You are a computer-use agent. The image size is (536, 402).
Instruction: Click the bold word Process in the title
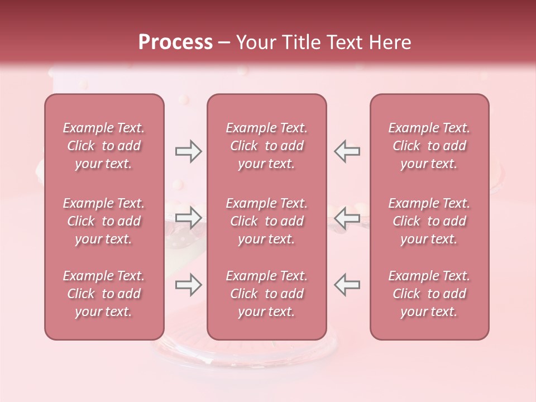click(175, 42)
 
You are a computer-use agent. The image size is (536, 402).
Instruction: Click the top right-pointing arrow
click(188, 151)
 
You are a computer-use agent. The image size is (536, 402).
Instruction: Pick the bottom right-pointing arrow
click(188, 285)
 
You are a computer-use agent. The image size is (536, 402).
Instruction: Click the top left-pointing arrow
click(347, 151)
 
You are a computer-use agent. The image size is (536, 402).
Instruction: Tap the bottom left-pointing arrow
click(347, 285)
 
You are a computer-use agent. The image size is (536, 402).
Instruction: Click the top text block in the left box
click(104, 146)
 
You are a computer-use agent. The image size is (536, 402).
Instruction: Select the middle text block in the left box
click(104, 221)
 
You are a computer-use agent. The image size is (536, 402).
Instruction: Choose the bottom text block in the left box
click(104, 294)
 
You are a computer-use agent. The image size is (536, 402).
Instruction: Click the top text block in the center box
click(266, 146)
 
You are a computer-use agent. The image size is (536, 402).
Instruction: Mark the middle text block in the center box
click(266, 221)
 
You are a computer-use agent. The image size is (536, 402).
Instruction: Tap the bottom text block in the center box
click(266, 294)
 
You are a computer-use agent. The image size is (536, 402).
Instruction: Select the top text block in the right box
click(429, 146)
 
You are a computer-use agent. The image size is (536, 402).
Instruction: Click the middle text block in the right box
click(429, 221)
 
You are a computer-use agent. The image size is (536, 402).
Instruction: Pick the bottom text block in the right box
click(429, 294)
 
